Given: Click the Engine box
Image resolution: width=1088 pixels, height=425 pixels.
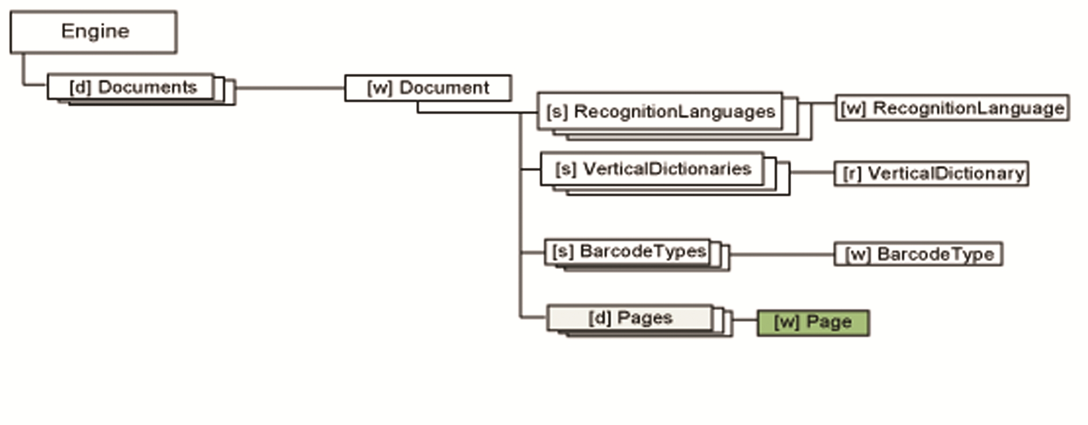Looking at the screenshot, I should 93,32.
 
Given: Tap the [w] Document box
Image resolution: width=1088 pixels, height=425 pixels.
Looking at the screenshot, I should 428,88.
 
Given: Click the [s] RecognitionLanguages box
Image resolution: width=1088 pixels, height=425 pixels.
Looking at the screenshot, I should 660,111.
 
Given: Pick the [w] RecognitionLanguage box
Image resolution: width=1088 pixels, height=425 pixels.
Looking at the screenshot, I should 952,108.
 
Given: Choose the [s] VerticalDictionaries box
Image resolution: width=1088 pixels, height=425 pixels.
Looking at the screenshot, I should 652,169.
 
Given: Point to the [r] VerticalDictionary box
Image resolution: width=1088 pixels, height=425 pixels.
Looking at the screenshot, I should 931,173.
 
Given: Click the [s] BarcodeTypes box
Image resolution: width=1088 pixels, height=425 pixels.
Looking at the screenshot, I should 628,252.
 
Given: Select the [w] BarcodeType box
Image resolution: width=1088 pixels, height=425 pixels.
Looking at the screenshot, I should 918,254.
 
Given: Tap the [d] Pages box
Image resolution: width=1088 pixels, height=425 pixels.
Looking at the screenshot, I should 630,318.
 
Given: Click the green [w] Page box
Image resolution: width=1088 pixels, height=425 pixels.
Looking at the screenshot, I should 813,323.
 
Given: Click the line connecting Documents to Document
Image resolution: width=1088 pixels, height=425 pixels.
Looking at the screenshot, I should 290,88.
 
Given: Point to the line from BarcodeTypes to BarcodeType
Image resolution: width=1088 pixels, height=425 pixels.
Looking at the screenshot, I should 782,254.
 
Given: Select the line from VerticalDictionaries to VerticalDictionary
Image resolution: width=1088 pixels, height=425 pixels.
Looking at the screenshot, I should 812,173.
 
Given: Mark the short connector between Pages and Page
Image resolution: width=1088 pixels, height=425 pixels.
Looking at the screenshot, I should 745,320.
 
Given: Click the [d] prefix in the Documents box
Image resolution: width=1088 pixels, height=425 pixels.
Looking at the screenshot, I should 80,87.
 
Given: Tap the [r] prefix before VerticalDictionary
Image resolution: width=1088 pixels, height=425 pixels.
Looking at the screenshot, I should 852,174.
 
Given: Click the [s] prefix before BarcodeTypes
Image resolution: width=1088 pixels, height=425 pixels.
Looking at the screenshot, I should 563,252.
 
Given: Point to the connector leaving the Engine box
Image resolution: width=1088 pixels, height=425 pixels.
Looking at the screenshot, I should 23,71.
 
